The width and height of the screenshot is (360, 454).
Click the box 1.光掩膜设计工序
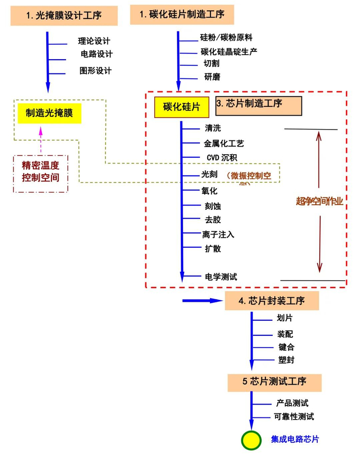tap(64, 15)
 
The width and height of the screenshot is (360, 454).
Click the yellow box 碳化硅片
tap(182, 106)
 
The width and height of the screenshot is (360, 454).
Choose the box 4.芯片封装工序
tap(272, 301)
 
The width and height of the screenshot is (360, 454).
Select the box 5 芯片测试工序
tap(275, 382)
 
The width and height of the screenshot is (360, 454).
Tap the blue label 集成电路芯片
tap(295, 440)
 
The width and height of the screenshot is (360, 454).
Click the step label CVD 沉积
tap(222, 157)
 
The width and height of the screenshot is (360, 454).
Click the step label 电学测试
tap(220, 277)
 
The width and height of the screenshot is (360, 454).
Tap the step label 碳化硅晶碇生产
tap(229, 51)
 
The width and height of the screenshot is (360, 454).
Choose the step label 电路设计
tap(96, 54)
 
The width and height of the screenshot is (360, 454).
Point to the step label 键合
tap(286, 348)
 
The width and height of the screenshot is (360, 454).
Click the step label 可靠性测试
tap(294, 417)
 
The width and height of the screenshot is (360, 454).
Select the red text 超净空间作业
tap(319, 201)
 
